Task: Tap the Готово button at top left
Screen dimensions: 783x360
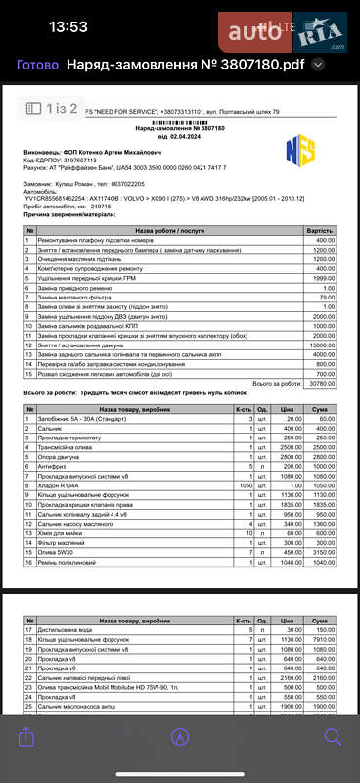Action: [37, 66]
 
